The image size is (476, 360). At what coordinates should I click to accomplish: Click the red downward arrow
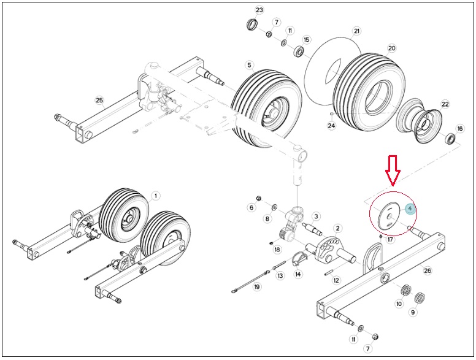click(x=393, y=170)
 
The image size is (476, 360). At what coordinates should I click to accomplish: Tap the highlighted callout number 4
click(x=410, y=209)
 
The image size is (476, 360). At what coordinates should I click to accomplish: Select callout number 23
click(x=259, y=10)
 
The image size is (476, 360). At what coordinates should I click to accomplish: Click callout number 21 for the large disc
click(x=356, y=31)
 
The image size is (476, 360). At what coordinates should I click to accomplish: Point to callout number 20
click(x=392, y=48)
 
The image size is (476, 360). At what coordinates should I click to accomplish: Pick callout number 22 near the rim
click(x=445, y=104)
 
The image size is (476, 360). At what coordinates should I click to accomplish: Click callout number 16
click(x=460, y=129)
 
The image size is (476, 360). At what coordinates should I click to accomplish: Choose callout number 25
click(x=99, y=100)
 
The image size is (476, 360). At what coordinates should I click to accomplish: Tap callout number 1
click(x=156, y=196)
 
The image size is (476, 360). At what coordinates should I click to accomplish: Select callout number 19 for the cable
click(x=257, y=287)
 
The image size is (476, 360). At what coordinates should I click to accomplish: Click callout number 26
click(x=428, y=270)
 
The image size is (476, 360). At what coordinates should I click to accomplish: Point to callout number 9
click(x=413, y=312)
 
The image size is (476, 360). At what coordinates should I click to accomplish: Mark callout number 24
click(x=331, y=125)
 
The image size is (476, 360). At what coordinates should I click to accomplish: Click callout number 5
click(x=249, y=65)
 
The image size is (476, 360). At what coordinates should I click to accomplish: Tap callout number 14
click(x=298, y=274)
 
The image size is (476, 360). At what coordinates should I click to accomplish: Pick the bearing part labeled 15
click(x=299, y=51)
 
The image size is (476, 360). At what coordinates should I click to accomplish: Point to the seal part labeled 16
click(x=450, y=139)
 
